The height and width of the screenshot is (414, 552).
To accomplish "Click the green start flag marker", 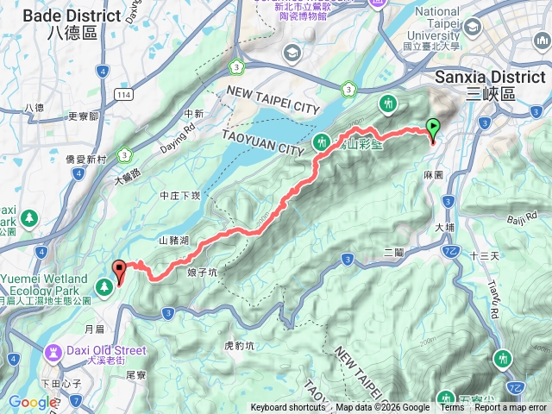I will pos(433,128).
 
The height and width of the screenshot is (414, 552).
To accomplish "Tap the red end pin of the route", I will pos(119,270).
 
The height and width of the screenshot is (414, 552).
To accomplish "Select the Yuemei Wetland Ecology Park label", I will pos(45,285).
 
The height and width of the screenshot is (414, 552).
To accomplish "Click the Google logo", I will pos(33,402).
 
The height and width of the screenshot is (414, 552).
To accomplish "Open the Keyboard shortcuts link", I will pos(288,408).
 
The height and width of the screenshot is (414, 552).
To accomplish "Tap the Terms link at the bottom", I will pos(451,408).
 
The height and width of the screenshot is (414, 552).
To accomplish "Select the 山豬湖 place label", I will pos(173,241).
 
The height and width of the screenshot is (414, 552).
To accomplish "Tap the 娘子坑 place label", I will pos(200,271).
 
